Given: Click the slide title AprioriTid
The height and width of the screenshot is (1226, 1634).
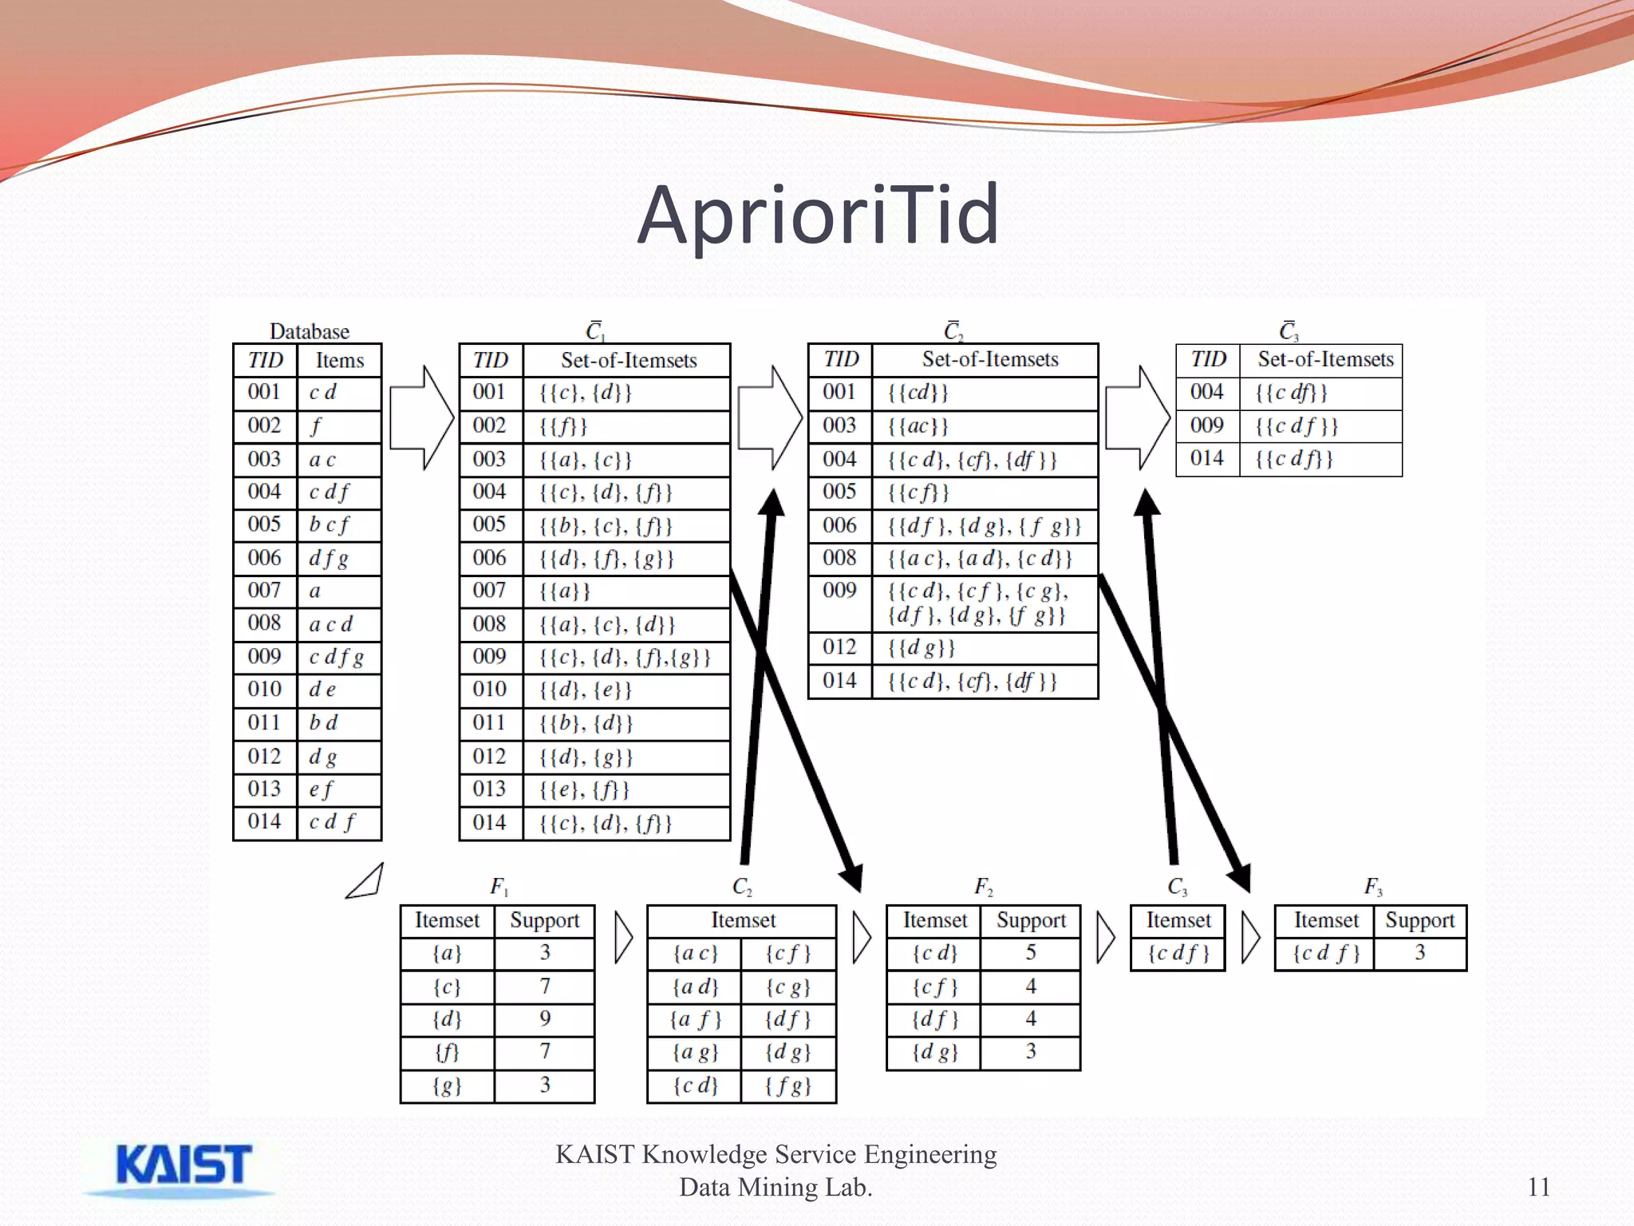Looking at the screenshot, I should [818, 214].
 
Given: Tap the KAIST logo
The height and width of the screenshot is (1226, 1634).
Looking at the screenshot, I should [184, 1166].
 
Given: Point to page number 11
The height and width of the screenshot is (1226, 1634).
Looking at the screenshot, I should [1538, 1187].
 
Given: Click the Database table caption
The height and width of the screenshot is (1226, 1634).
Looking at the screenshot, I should [309, 331].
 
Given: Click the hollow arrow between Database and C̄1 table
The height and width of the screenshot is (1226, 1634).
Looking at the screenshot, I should [421, 417].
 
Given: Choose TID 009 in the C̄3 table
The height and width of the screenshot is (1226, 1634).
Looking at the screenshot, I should [1206, 425].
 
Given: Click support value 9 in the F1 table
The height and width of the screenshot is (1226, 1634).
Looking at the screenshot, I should [545, 1018].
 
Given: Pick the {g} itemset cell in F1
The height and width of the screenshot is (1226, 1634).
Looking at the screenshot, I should [447, 1086].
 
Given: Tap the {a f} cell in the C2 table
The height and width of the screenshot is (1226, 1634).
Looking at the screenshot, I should [695, 1020].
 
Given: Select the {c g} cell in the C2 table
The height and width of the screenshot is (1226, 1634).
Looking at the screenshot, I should [787, 987].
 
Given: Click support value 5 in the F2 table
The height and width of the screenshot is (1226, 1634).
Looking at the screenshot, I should [1031, 952].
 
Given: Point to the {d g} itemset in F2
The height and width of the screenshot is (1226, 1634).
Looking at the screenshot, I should [934, 1053].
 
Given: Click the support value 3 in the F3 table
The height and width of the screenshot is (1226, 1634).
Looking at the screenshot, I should [1420, 952].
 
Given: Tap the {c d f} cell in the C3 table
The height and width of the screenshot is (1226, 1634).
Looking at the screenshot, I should [1178, 953].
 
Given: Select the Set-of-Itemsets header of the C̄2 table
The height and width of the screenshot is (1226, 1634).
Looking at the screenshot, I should [990, 359].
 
